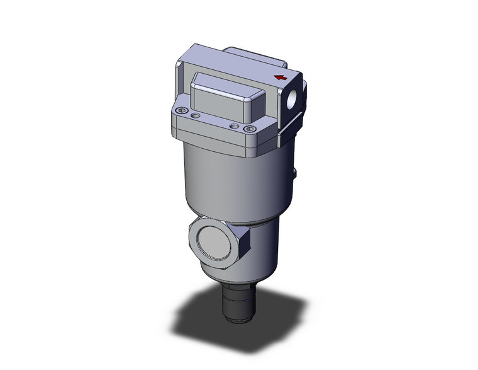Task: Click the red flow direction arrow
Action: (281, 78)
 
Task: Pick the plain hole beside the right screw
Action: (234, 126)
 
